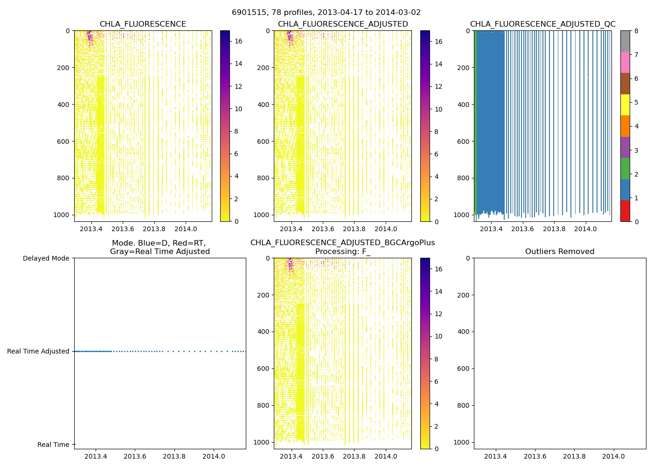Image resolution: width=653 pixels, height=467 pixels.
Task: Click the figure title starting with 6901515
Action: (x=326, y=13)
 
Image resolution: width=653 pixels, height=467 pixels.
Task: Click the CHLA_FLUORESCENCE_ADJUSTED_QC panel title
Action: (x=542, y=24)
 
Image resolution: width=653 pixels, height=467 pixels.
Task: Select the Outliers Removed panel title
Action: (x=560, y=252)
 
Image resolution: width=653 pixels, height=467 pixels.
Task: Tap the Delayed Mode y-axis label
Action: (x=46, y=258)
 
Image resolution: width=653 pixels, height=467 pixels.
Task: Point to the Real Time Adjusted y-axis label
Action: (x=38, y=351)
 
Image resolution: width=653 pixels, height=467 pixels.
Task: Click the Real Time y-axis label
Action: (x=53, y=445)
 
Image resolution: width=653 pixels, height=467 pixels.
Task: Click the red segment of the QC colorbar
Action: (x=625, y=211)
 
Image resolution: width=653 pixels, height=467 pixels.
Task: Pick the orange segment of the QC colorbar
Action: (x=625, y=126)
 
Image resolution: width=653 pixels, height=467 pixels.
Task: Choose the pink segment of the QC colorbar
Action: (x=625, y=62)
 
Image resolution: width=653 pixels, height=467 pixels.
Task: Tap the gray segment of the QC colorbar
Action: (x=625, y=41)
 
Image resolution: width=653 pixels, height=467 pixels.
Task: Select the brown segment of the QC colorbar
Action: (x=625, y=84)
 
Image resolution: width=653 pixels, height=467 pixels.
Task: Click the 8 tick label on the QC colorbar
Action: (x=636, y=31)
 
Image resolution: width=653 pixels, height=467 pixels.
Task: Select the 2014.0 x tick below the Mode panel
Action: (x=214, y=456)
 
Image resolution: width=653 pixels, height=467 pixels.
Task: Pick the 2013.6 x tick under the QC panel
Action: (x=522, y=229)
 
